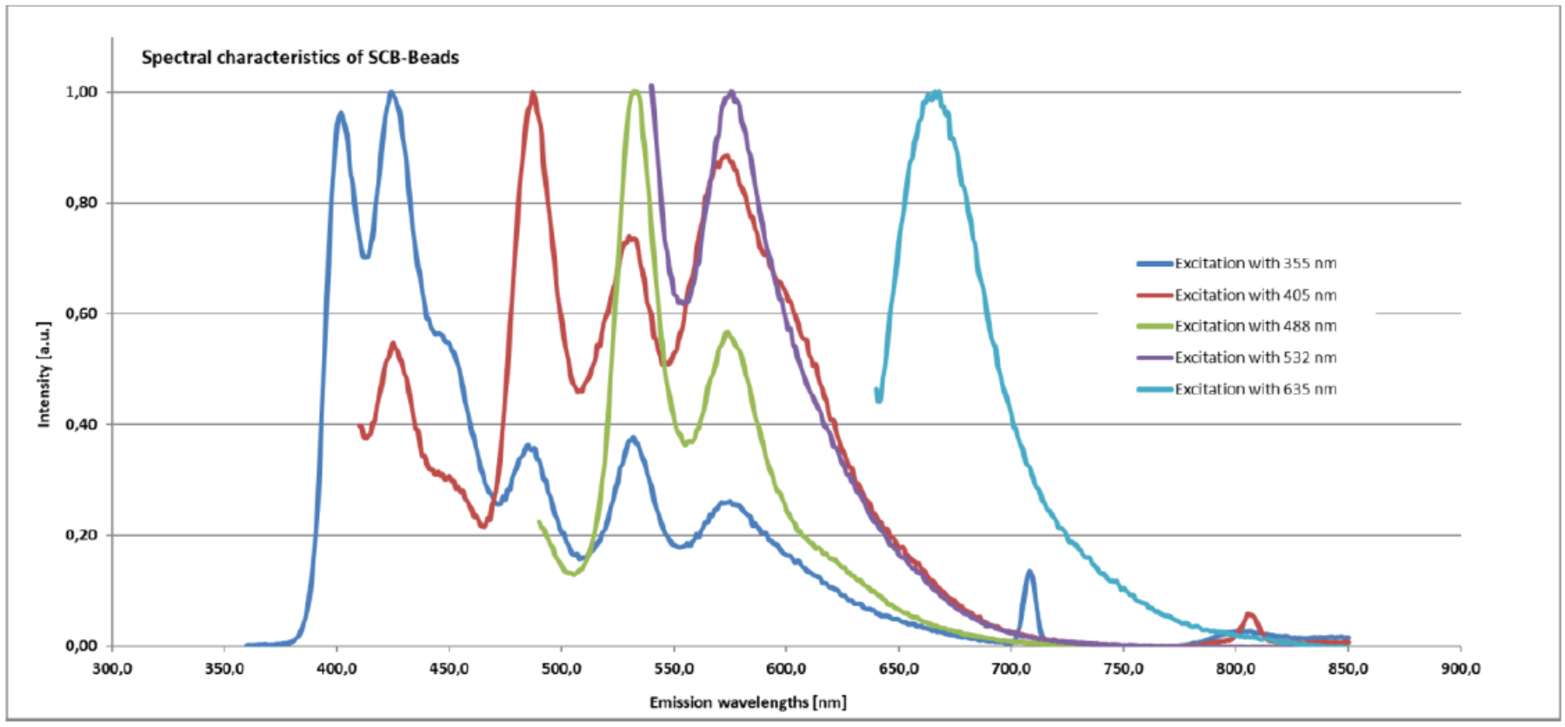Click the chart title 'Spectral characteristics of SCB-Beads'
click(x=300, y=57)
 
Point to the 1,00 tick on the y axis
click(x=83, y=92)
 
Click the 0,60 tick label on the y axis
click(x=83, y=314)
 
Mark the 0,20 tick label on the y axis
click(x=83, y=536)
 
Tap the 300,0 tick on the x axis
click(x=113, y=669)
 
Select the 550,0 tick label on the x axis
click(x=674, y=669)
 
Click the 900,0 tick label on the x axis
click(x=1461, y=669)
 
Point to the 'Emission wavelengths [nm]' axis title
click(x=748, y=702)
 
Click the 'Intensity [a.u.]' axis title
click(x=44, y=374)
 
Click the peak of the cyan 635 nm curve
click(x=934, y=93)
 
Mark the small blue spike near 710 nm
click(x=1029, y=572)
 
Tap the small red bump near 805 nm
click(x=1249, y=615)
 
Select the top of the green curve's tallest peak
click(x=636, y=90)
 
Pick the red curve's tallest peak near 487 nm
click(x=533, y=94)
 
